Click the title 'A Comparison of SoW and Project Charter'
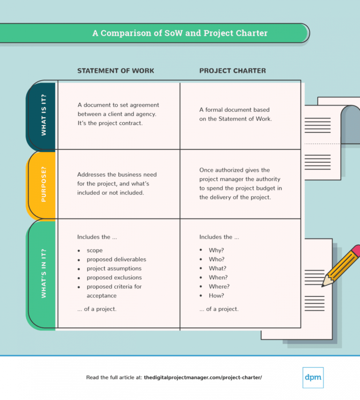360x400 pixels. [180, 33]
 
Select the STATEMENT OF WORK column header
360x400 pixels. [115, 71]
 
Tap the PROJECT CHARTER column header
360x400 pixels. [232, 71]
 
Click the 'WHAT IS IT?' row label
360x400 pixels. [44, 116]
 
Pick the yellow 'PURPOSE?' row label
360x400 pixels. [44, 185]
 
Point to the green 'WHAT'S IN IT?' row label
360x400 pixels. [44, 273]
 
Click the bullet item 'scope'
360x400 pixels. [95, 250]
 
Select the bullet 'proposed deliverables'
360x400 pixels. [116, 259]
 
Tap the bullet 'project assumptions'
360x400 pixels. [114, 269]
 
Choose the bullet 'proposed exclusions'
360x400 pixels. [114, 278]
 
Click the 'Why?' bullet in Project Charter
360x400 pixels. [217, 250]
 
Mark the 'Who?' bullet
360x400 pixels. [217, 259]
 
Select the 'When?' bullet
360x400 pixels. [218, 278]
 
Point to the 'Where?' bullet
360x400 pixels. [219, 287]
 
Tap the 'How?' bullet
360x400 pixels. [217, 295]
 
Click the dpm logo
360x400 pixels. [313, 377]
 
